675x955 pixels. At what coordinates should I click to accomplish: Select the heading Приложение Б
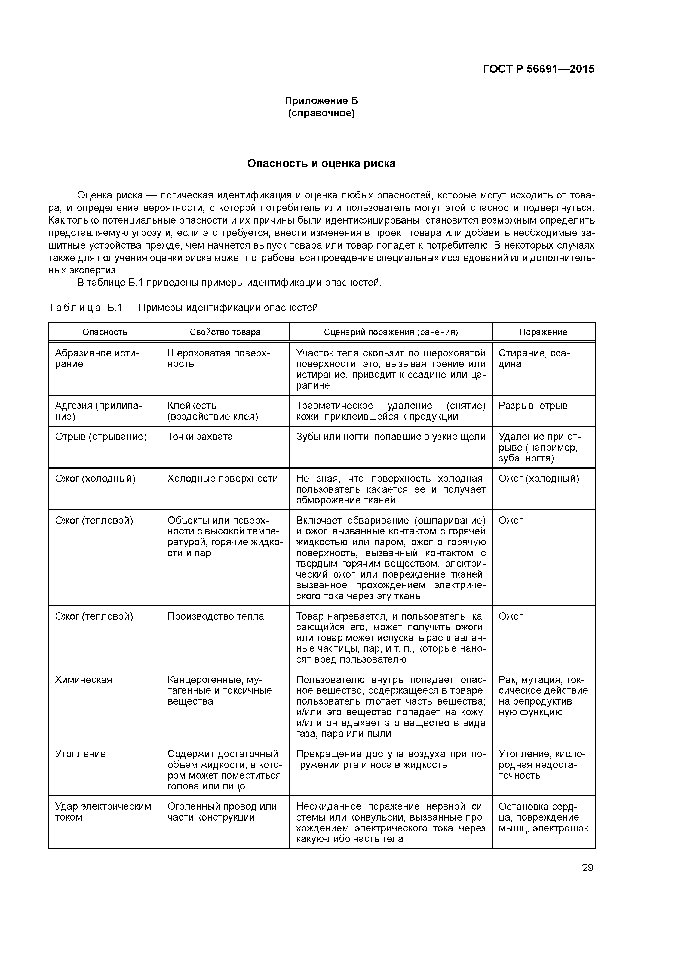[321, 101]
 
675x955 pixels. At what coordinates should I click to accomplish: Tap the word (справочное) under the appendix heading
[321, 114]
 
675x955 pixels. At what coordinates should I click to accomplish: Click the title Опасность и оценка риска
[321, 163]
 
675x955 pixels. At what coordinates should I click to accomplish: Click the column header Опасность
[105, 332]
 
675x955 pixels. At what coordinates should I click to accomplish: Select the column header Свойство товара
[225, 332]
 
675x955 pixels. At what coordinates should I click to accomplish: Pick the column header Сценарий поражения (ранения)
[391, 332]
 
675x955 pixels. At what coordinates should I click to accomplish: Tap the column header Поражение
[543, 332]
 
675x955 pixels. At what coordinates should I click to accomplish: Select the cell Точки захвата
[200, 436]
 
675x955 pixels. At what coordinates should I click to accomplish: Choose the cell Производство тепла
[216, 616]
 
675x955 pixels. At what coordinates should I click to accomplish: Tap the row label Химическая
[84, 680]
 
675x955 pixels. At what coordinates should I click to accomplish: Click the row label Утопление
[80, 754]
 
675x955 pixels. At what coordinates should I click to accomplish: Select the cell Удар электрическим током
[103, 812]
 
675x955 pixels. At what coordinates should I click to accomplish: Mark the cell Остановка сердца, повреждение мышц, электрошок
[543, 817]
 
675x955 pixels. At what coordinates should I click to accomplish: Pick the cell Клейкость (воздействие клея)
[213, 411]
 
